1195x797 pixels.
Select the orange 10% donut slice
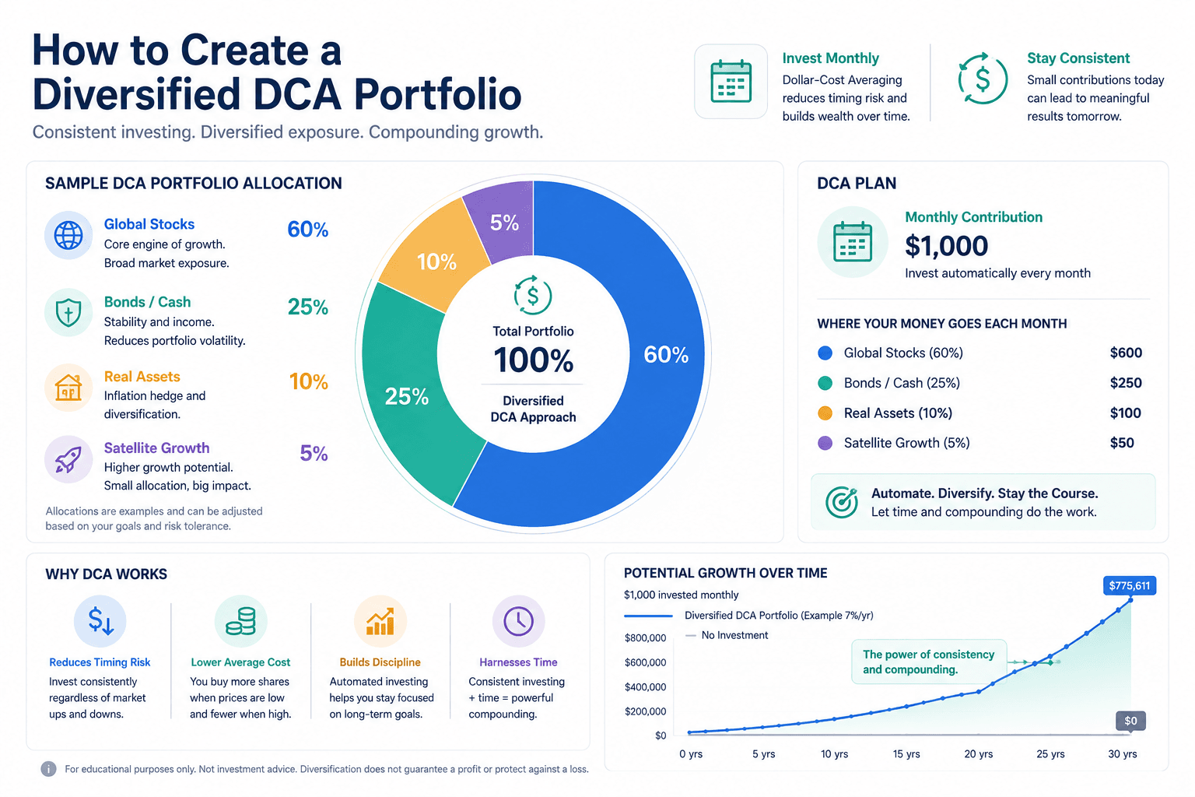pos(435,256)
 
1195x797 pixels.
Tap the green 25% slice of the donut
pos(411,395)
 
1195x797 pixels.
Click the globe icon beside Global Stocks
pos(68,235)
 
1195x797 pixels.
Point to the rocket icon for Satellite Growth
pos(68,459)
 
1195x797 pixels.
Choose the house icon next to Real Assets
pos(68,387)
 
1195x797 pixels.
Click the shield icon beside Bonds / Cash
pos(68,312)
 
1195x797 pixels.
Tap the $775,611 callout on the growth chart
pos(1130,585)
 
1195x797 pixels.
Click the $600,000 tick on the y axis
pos(646,662)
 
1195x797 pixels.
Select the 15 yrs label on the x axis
pos(906,753)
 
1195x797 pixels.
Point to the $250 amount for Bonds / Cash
pos(1126,383)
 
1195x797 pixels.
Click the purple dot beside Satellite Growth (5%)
pos(825,443)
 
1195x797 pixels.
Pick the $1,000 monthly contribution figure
pos(946,246)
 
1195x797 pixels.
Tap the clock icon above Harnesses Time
pos(518,621)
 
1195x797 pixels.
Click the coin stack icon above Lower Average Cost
pos(240,621)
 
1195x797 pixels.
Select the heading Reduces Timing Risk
pos(100,662)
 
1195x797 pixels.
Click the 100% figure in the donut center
pos(534,360)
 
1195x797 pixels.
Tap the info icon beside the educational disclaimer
pos(48,769)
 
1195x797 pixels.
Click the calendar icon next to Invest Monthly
pos(731,82)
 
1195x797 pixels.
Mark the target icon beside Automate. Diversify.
pos(841,502)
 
